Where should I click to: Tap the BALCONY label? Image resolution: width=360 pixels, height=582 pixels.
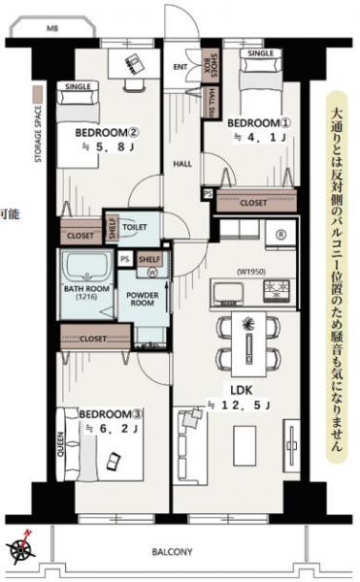[171, 552]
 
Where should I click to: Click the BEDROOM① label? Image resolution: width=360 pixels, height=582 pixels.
[258, 124]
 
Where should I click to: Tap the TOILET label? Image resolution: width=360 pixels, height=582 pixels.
[135, 226]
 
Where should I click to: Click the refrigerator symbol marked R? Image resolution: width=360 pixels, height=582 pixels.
[279, 234]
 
